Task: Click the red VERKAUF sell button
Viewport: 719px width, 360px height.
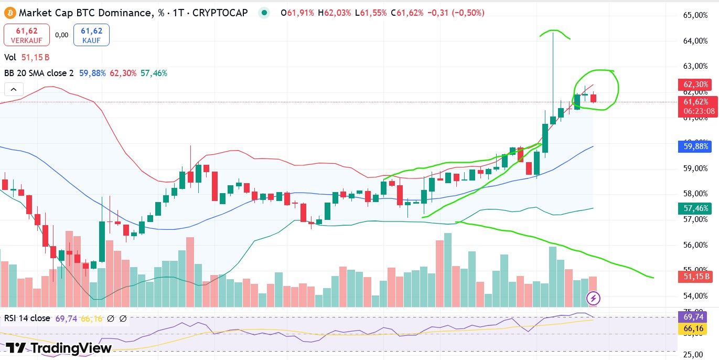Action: click(27, 35)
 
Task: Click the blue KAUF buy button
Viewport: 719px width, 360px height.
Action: click(92, 35)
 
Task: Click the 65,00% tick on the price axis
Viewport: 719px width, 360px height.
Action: click(695, 15)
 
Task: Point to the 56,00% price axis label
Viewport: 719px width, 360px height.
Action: click(695, 245)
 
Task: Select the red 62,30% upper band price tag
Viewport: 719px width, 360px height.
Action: click(696, 84)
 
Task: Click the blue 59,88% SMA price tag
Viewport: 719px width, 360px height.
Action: click(696, 146)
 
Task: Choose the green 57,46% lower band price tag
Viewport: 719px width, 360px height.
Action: click(696, 208)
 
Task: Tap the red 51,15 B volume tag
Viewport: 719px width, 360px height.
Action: click(696, 277)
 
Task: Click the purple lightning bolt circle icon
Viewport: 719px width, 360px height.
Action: click(593, 299)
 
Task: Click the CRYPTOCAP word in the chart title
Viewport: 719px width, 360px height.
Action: click(220, 13)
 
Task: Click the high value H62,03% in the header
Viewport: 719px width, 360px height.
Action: click(334, 13)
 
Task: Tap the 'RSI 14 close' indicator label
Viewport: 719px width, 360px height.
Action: click(27, 318)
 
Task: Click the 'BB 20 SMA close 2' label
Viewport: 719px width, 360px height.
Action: click(39, 73)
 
